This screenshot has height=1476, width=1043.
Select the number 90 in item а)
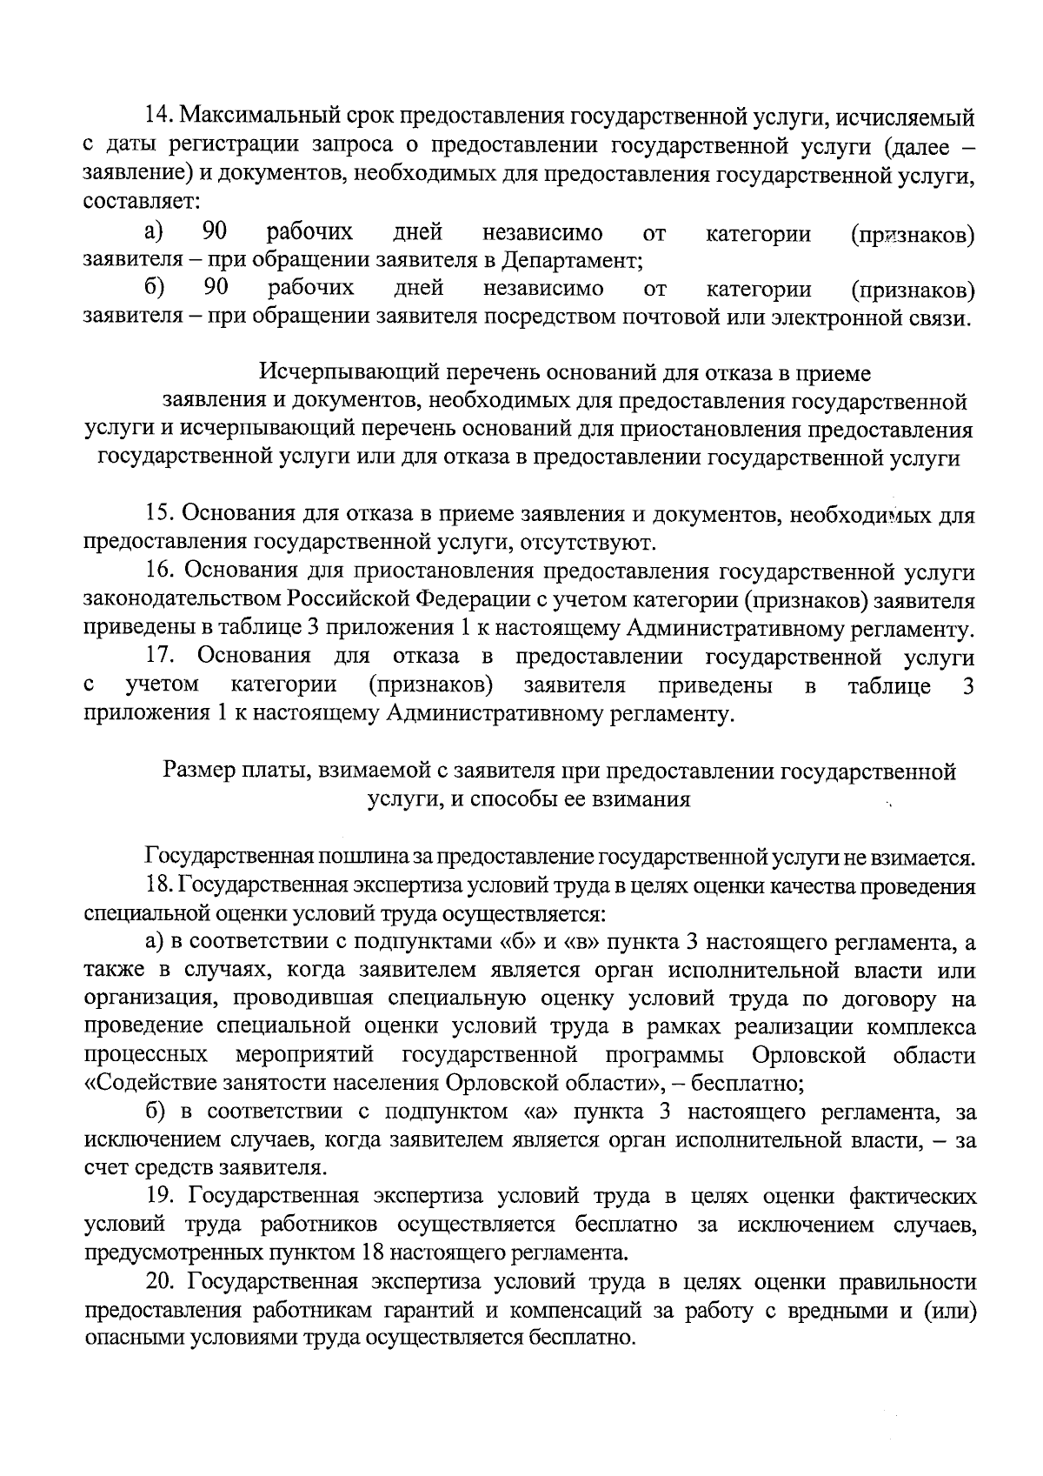(x=215, y=232)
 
